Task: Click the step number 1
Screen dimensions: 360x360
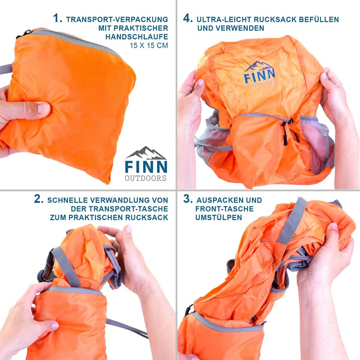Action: click(x=58, y=18)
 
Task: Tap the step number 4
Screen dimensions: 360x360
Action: click(x=188, y=18)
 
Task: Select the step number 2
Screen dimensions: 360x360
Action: click(x=39, y=199)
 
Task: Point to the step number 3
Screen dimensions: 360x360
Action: click(x=188, y=199)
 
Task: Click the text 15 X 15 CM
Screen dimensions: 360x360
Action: click(x=149, y=45)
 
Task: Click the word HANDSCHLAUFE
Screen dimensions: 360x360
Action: click(x=137, y=37)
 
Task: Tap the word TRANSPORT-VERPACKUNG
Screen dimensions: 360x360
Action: click(x=117, y=19)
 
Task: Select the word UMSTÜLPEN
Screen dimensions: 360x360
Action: click(x=219, y=217)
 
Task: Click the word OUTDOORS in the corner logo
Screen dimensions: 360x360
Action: click(x=145, y=178)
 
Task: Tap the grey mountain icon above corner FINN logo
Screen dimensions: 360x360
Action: click(x=145, y=153)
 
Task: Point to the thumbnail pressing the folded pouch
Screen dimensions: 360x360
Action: click(x=43, y=108)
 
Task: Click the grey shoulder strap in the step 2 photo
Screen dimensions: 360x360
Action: click(x=67, y=266)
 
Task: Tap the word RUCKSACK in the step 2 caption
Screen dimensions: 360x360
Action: click(x=147, y=217)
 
